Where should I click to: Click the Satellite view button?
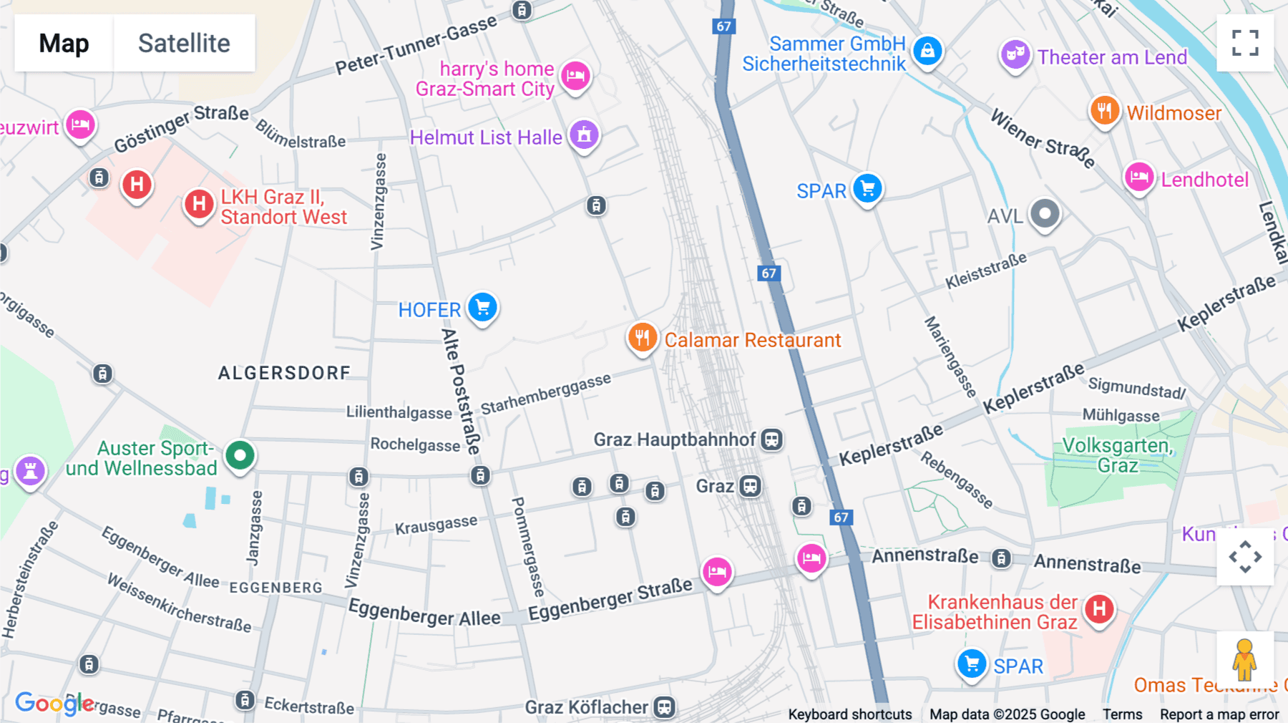184,43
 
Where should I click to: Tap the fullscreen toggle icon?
1245,43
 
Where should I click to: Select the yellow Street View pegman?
1244,659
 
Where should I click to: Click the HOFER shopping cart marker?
483,308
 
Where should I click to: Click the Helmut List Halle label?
486,137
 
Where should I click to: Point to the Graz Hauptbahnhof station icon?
771,440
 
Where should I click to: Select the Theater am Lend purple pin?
1015,54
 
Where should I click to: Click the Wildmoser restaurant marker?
1104,111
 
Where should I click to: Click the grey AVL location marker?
1045,213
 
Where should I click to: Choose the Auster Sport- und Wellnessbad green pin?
240,455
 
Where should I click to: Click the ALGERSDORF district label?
284,373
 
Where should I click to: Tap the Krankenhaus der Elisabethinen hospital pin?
1099,610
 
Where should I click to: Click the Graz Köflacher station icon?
664,707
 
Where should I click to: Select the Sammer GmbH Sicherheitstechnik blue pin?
927,51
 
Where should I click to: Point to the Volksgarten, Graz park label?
1117,455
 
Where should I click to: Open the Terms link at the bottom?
1122,714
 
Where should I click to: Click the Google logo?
54,703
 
